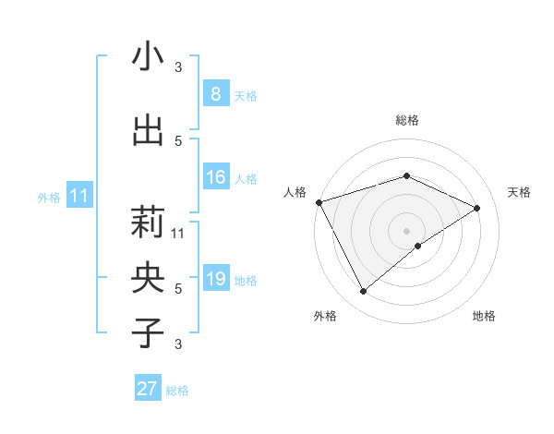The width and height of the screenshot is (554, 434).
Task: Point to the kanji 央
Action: (x=148, y=276)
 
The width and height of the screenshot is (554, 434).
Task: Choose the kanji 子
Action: (x=148, y=332)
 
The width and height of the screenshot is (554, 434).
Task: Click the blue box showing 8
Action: (x=215, y=93)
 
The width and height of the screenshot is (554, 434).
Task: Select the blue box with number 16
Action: (x=215, y=177)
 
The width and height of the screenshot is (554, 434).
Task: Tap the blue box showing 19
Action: (x=215, y=279)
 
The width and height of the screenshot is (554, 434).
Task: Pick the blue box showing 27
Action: (x=148, y=389)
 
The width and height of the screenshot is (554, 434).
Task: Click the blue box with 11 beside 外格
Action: (x=79, y=196)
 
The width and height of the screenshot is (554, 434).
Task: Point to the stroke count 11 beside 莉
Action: (x=178, y=234)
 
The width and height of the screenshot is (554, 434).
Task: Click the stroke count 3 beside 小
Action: (x=178, y=67)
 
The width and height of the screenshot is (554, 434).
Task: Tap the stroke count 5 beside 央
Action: (x=178, y=288)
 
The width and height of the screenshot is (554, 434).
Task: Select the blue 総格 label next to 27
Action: (x=177, y=391)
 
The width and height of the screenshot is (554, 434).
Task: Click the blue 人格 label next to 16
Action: (x=246, y=179)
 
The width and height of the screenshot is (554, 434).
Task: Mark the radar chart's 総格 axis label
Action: (x=407, y=120)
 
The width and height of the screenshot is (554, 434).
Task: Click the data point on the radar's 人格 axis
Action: (x=319, y=202)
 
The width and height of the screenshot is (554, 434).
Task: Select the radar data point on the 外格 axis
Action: (x=363, y=292)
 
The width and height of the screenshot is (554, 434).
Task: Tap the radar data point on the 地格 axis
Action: (x=418, y=246)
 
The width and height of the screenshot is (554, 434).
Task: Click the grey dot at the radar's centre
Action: (x=406, y=230)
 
